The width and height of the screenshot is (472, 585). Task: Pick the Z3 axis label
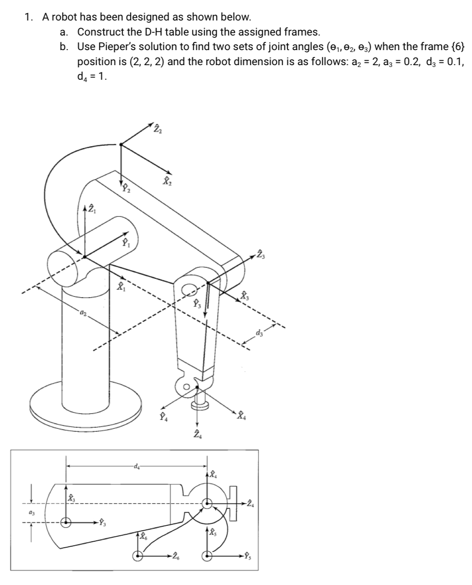[260, 254]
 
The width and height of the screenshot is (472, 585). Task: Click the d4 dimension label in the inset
[136, 466]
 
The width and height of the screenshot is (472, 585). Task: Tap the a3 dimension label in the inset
[31, 512]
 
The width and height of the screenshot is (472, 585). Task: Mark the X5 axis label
[211, 532]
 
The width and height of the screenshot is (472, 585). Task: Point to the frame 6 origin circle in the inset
[136, 556]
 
